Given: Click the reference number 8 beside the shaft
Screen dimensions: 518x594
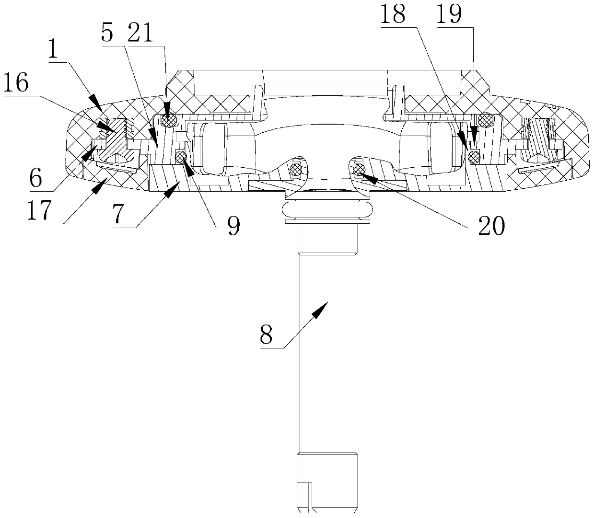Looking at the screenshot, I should point(267,335).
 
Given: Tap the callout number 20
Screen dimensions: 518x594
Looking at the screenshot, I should point(491,225).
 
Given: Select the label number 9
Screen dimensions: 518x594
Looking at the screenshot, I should point(233,225).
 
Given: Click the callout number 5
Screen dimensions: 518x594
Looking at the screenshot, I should point(108,35).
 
